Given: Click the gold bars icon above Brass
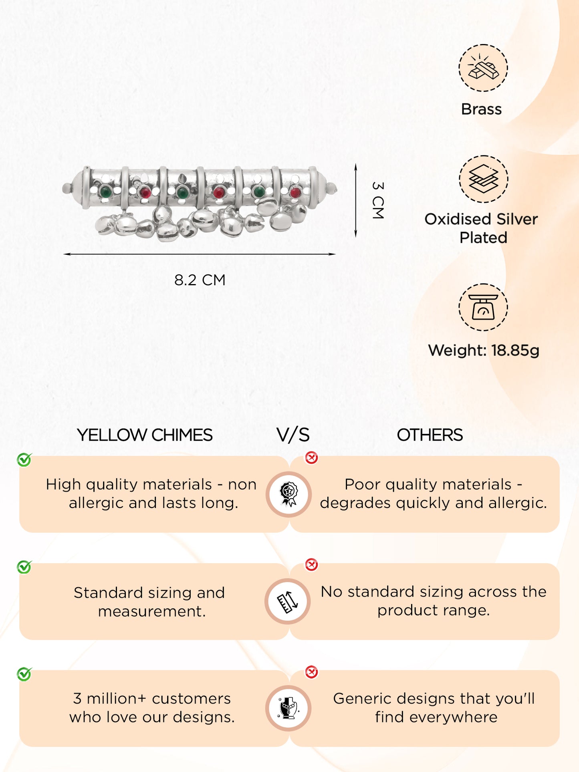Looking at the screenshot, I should tap(483, 68).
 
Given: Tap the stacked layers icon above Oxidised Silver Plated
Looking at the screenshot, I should tap(483, 179).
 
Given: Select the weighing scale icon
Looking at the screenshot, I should tap(483, 307).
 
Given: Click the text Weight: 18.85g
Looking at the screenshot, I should tap(484, 351).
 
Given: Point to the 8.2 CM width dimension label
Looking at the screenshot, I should tap(200, 280).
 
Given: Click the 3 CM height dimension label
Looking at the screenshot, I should tap(378, 200).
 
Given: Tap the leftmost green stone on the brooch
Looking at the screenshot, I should tap(105, 192).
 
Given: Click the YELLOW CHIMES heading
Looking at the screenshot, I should tap(145, 435).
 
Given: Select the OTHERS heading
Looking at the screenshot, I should tap(430, 435).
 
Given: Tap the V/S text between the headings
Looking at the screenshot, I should tap(293, 435).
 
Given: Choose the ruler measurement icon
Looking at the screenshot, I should tap(287, 601).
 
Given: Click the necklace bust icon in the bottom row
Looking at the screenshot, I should tap(288, 708).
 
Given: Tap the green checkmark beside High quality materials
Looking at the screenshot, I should tap(24, 460).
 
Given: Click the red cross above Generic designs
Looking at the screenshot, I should tap(311, 672).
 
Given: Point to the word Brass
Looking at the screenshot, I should tap(481, 109).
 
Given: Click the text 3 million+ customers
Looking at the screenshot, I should tap(152, 699).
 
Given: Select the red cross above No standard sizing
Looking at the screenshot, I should tap(311, 564).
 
